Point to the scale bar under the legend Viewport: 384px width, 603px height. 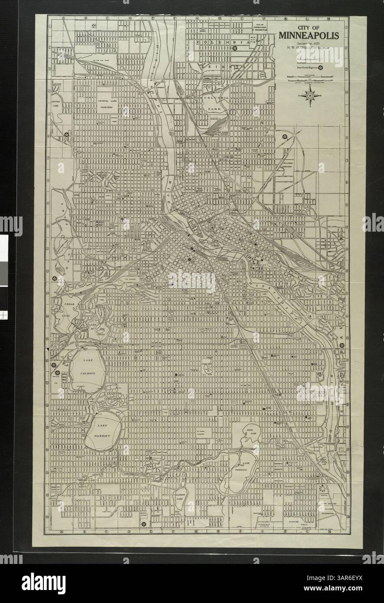312,79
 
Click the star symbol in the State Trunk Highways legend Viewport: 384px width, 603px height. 321,67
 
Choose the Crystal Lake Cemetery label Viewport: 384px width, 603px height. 107,103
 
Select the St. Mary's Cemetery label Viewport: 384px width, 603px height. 200,433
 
